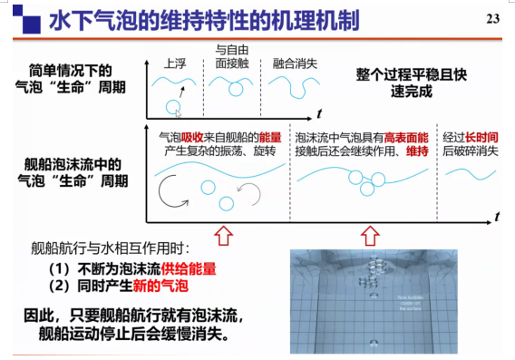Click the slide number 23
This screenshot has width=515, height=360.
(x=493, y=20)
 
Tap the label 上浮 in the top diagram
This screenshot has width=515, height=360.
(x=175, y=65)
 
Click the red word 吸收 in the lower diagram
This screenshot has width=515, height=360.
(x=187, y=136)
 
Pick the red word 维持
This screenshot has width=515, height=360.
(x=415, y=151)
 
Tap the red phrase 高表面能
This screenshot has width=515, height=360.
(x=403, y=136)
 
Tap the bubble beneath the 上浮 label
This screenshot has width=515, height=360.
(x=173, y=108)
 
